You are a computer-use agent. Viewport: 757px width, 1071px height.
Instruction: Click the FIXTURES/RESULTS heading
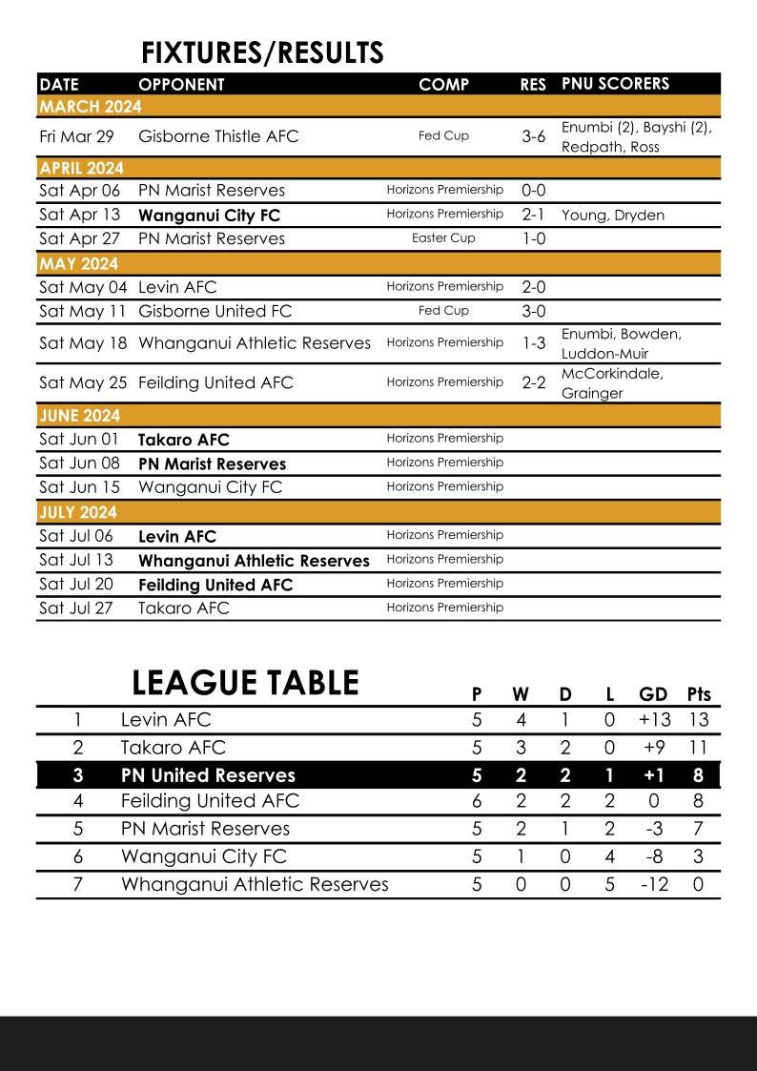point(262,52)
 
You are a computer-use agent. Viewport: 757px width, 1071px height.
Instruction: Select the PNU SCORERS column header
point(615,84)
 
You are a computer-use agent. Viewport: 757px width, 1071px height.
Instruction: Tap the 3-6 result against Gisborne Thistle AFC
point(534,136)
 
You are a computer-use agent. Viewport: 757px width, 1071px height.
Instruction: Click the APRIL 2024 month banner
point(82,168)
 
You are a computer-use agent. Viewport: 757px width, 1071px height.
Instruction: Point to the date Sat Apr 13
point(80,215)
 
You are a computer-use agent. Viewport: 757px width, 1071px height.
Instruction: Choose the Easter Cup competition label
point(443,237)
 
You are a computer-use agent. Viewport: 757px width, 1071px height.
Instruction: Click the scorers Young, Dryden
point(613,216)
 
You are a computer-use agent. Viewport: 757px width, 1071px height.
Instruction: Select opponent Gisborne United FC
point(215,311)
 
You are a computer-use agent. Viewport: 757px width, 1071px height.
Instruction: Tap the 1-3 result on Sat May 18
point(534,342)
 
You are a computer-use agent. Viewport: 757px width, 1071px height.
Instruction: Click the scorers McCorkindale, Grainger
point(611,382)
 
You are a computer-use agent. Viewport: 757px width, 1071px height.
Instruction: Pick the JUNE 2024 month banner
point(80,415)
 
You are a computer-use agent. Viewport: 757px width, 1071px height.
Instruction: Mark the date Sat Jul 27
point(76,608)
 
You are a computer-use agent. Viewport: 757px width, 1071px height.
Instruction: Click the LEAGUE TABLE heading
point(245,683)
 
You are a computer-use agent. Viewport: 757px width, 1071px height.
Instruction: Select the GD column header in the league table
point(653,694)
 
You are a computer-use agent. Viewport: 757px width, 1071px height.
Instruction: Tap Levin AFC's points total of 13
point(699,720)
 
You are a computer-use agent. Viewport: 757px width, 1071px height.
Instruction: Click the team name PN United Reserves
point(208,775)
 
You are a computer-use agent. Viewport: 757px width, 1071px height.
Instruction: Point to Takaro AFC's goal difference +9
point(654,748)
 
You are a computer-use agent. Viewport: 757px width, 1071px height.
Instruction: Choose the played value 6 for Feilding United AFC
point(477,801)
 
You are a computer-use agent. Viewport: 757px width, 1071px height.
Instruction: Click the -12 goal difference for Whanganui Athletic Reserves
point(654,884)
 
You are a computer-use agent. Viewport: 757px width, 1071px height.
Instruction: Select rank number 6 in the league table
point(78,856)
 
